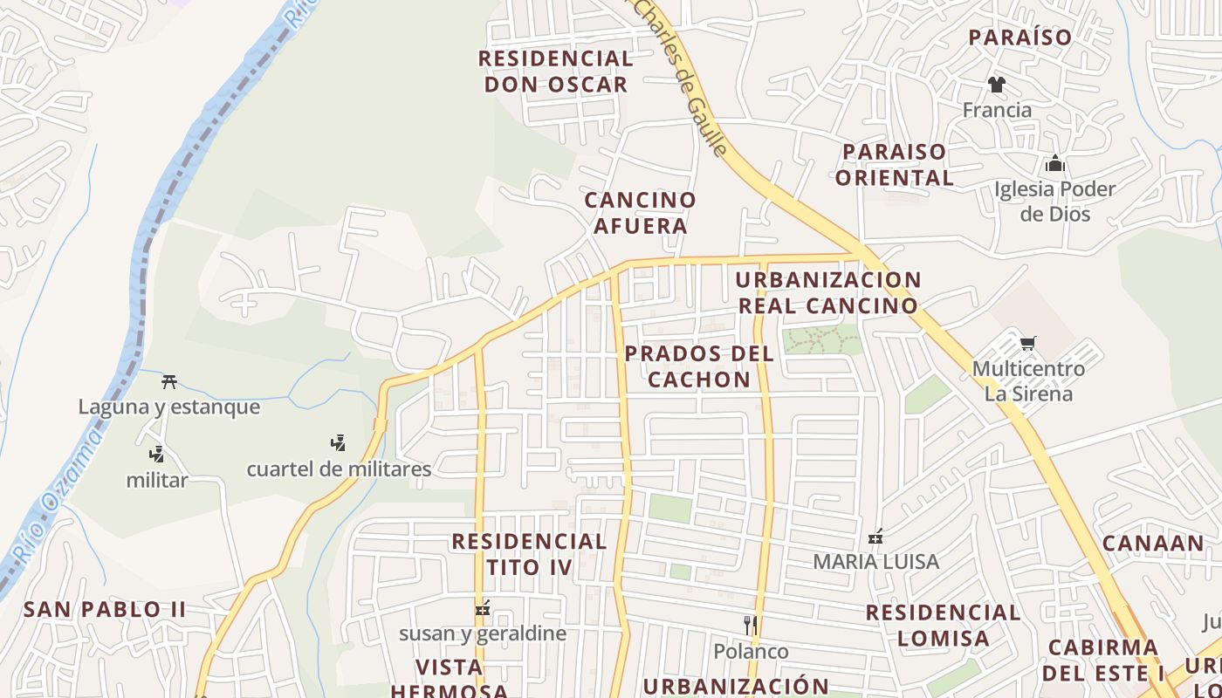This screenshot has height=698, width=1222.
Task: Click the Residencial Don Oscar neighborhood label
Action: pyautogui.click(x=555, y=72)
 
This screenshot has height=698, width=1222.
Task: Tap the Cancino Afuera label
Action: pyautogui.click(x=640, y=213)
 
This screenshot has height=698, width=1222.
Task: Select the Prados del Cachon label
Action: pyautogui.click(x=699, y=366)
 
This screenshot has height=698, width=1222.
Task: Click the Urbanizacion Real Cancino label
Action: pyautogui.click(x=827, y=293)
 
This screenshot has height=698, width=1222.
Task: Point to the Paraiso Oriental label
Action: pyautogui.click(x=894, y=164)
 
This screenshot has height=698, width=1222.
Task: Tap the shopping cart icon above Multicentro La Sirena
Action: pyautogui.click(x=1028, y=343)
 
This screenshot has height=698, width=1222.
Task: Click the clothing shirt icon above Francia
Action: pyautogui.click(x=997, y=85)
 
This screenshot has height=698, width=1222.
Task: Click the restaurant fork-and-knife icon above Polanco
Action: pyautogui.click(x=750, y=625)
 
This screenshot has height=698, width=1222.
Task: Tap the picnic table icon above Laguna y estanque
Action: pyautogui.click(x=169, y=381)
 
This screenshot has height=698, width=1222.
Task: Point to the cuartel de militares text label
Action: pyautogui.click(x=339, y=469)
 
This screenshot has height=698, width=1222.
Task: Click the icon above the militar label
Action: pyautogui.click(x=157, y=454)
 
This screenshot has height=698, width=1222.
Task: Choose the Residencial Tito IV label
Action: pyautogui.click(x=529, y=554)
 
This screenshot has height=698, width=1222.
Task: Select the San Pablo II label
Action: pyautogui.click(x=105, y=609)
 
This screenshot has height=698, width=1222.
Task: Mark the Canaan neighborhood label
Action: pyautogui.click(x=1152, y=543)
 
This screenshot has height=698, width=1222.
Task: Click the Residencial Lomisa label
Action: pyautogui.click(x=943, y=625)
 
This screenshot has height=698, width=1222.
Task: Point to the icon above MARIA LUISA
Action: pyautogui.click(x=876, y=536)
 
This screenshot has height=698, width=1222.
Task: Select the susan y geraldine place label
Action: pyautogui.click(x=483, y=633)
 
